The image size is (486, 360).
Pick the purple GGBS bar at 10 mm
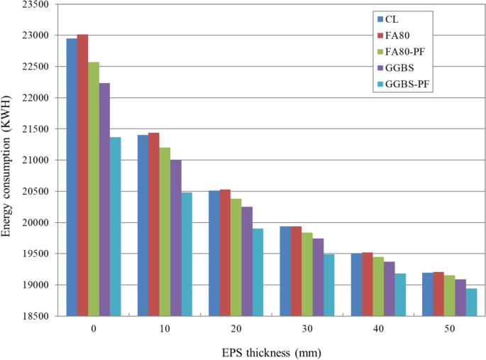(176, 238)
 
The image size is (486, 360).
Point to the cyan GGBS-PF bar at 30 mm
(328, 285)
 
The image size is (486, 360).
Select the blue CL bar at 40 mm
(356, 285)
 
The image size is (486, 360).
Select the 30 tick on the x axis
(306, 329)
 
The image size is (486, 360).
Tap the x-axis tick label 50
(448, 329)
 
